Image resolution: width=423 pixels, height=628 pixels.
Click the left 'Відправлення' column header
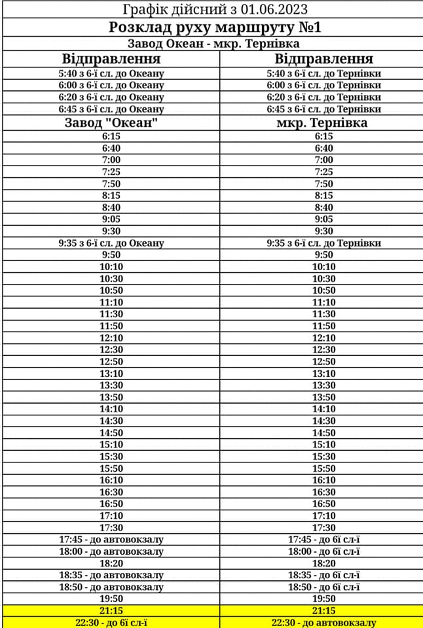[x=111, y=58]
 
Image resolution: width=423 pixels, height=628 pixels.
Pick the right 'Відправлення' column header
[x=323, y=58]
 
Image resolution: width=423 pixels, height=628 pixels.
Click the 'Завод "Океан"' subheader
[x=111, y=122]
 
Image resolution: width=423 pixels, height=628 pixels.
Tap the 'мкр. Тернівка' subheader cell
[x=323, y=122]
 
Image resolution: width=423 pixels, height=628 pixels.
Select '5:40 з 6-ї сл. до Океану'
[x=111, y=73]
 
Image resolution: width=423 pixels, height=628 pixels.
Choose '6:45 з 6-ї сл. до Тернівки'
[x=323, y=109]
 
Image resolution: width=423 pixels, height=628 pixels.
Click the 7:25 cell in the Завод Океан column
[x=111, y=172]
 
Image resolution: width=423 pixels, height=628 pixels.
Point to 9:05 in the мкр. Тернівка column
[x=323, y=219]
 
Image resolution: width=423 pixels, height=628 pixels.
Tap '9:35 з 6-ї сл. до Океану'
[x=111, y=243]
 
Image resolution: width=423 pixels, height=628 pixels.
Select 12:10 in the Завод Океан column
[x=111, y=338]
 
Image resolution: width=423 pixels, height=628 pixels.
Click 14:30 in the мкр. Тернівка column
[x=323, y=421]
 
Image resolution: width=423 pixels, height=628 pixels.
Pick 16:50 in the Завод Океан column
[x=111, y=504]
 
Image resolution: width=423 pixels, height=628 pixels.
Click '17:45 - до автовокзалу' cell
[x=111, y=540]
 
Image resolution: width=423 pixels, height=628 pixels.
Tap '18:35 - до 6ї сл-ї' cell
[x=323, y=575]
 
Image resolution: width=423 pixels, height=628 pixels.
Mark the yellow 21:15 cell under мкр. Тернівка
[x=323, y=610]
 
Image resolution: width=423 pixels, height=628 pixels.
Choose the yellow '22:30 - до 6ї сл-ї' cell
[x=111, y=622]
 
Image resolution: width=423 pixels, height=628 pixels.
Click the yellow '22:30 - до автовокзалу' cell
[x=323, y=622]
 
